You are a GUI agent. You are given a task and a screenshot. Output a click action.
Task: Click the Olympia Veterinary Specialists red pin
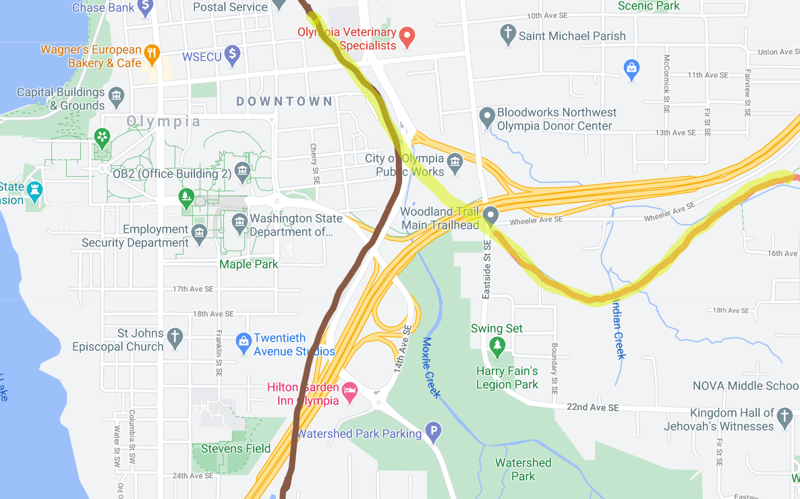coord(407,36)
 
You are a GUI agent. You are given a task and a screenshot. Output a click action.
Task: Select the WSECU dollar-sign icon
coord(233,54)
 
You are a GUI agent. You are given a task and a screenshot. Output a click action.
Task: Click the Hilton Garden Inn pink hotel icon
coord(349,392)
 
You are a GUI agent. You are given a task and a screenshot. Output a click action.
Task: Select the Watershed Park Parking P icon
coord(434,432)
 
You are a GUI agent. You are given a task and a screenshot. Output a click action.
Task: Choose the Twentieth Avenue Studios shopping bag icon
coord(244,343)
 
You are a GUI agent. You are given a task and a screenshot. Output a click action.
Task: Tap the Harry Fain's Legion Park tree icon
coord(497,348)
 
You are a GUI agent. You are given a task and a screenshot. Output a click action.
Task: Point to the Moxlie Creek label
coord(432,367)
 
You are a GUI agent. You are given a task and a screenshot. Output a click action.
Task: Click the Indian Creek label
coord(618,328)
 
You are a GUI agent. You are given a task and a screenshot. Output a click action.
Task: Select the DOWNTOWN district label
coord(284,101)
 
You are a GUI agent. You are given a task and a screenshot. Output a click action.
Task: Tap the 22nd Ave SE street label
coord(593,408)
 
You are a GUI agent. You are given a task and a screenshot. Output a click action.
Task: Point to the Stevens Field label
coord(235,448)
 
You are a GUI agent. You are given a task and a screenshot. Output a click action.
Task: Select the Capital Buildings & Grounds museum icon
coord(116,94)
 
